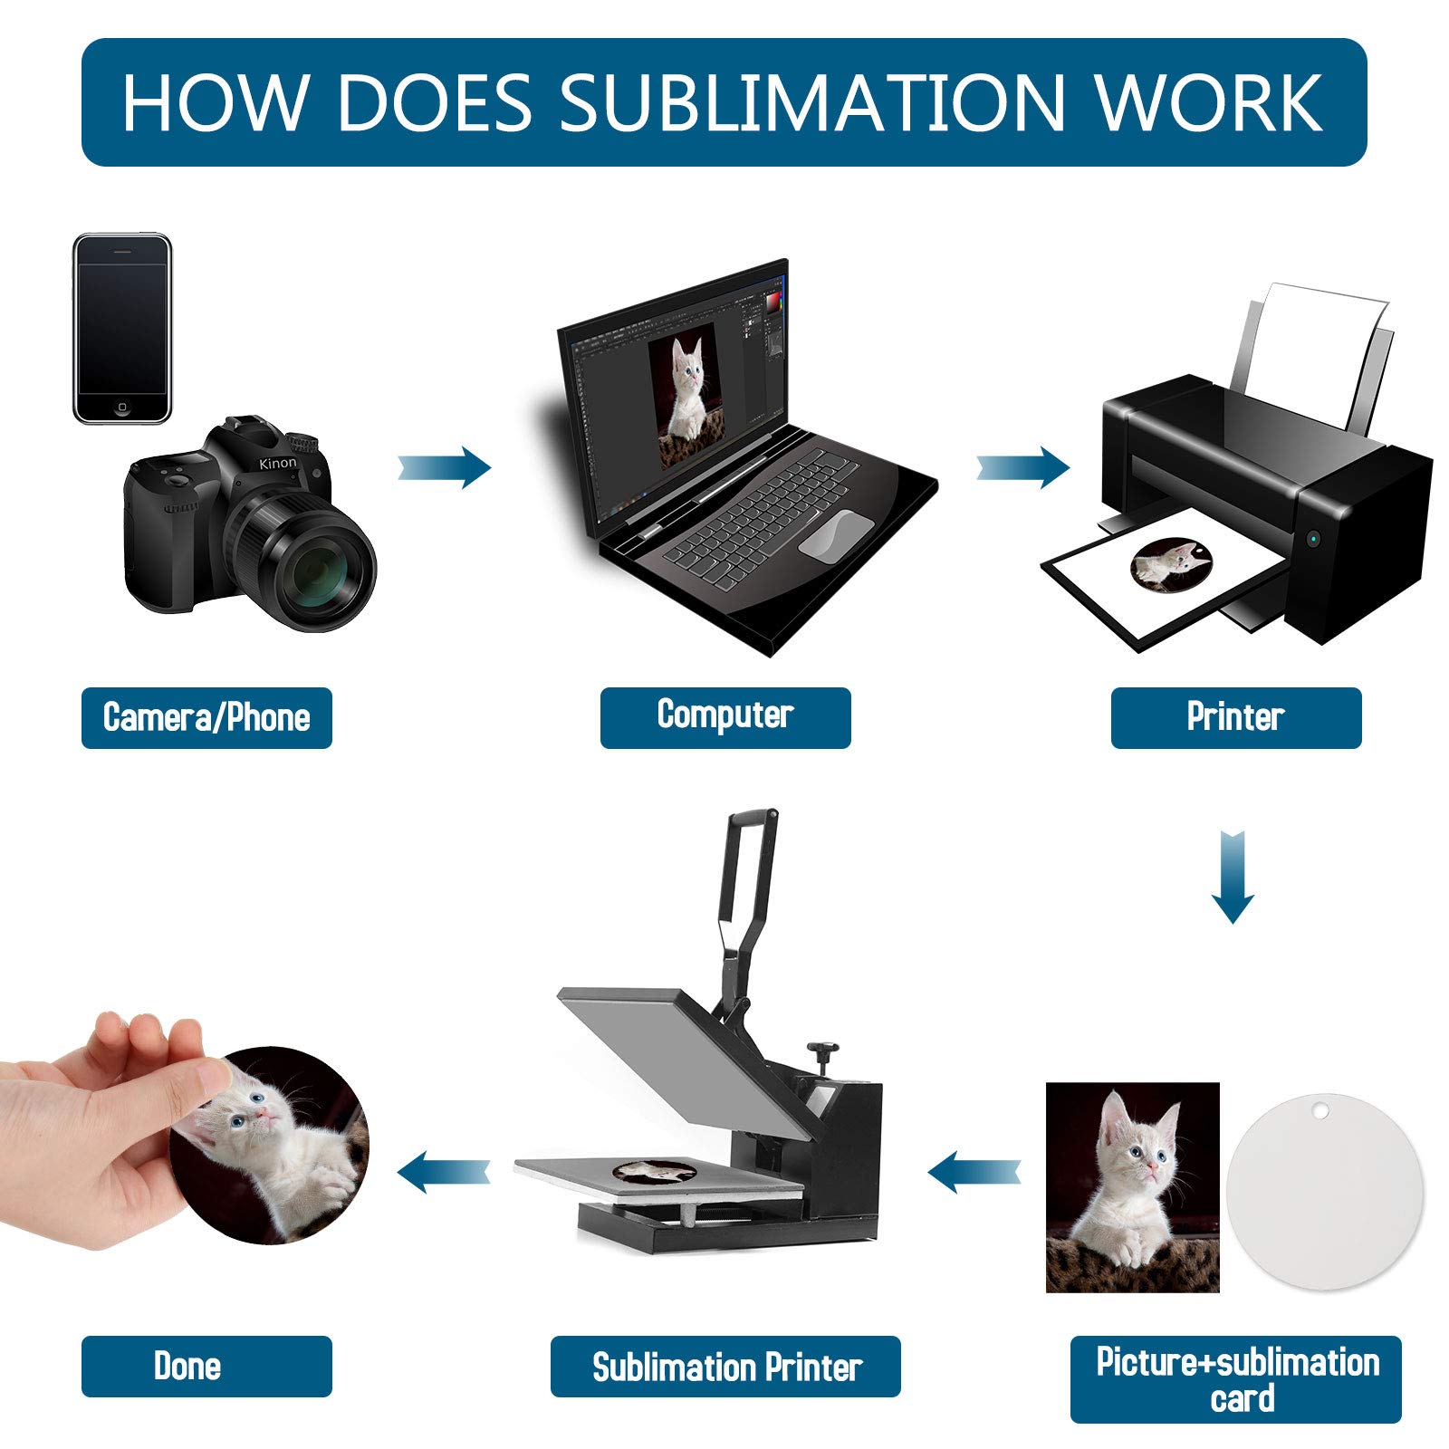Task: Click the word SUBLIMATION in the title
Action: tap(811, 102)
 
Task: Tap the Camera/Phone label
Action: tap(206, 717)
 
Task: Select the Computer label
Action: tap(725, 715)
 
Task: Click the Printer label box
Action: tap(1235, 717)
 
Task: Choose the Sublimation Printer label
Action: tap(725, 1367)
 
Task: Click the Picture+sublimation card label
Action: tap(1236, 1378)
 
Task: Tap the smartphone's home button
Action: tap(122, 408)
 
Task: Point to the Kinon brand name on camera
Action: tap(277, 464)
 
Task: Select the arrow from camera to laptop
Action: tap(446, 467)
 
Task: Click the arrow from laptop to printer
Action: tap(1023, 467)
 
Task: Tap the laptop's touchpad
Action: tap(836, 533)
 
